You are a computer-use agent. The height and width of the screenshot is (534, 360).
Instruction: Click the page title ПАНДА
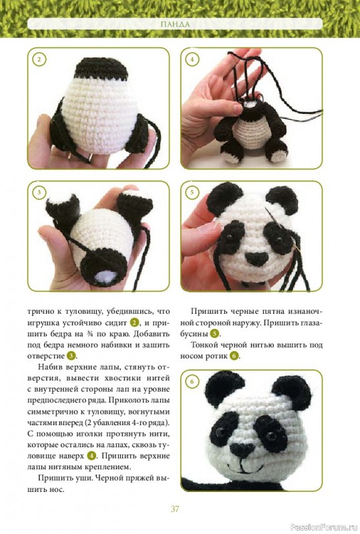[175, 24]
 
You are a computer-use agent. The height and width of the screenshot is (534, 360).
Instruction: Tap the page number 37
[175, 509]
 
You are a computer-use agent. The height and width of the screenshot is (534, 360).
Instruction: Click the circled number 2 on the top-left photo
[39, 59]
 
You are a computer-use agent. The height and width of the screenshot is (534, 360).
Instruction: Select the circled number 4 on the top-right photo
[192, 59]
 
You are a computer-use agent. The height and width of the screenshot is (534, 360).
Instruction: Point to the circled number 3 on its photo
[39, 192]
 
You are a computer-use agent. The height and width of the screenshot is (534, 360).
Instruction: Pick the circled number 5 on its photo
[192, 192]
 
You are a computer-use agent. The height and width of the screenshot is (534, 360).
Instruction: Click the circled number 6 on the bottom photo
[192, 381]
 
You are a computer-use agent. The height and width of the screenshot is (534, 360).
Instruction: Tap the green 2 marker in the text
[135, 322]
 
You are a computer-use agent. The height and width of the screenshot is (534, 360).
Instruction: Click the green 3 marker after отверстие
[71, 356]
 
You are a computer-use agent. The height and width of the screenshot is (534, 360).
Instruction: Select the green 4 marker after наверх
[92, 456]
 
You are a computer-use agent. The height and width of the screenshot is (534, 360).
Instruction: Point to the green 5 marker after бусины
[214, 334]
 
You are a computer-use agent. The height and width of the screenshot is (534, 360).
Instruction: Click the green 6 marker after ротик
[234, 356]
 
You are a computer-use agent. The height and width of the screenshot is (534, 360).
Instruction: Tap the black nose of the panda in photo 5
[256, 258]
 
